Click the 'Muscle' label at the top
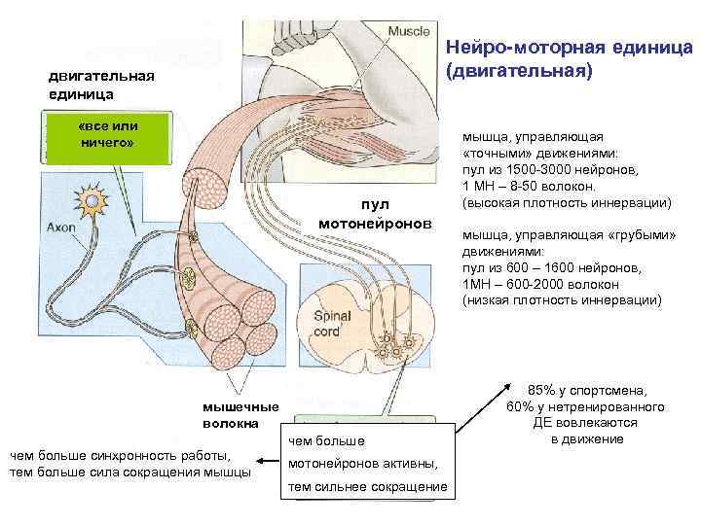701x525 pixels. pos(409,31)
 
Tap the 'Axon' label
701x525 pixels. pos(62,228)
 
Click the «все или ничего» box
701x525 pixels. pos(108,135)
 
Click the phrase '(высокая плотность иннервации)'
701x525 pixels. pos(567,203)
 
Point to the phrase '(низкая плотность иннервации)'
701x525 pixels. pos(562,300)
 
